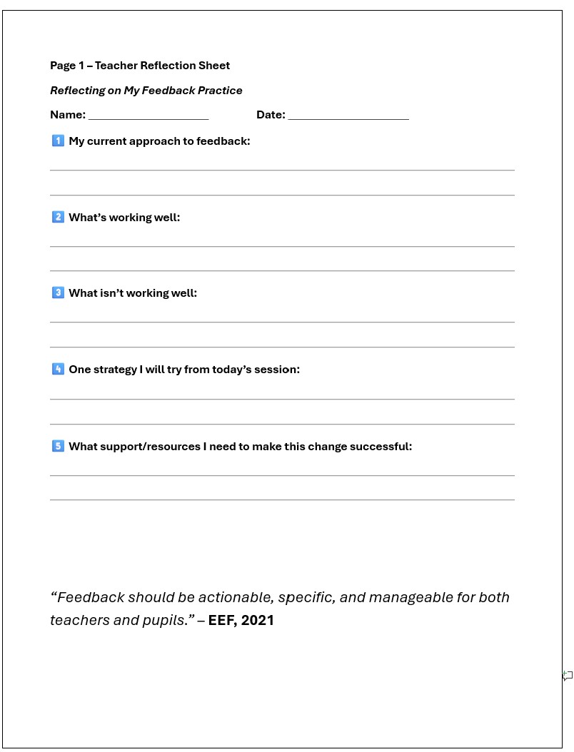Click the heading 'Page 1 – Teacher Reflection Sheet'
pos(140,66)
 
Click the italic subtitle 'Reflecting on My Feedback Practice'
pos(146,91)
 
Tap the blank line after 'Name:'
pos(148,116)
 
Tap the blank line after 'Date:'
pos(348,116)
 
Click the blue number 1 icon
pos(58,141)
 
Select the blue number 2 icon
pos(58,217)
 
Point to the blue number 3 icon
pos(58,293)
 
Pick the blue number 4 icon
pos(58,369)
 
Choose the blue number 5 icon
pos(58,446)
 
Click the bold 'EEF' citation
pos(222,620)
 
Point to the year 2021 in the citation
pos(258,620)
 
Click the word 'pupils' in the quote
pos(163,621)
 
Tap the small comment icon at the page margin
pos(568,675)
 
